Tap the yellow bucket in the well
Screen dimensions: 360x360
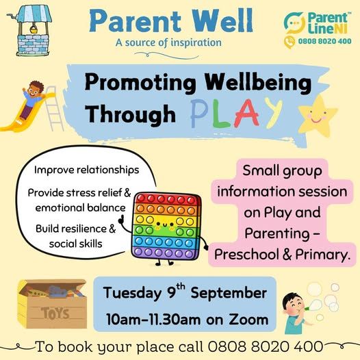coord(34,29)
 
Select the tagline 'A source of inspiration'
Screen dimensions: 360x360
coord(168,42)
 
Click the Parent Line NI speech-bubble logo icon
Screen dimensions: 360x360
coord(294,23)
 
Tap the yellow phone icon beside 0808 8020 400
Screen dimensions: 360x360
coord(290,42)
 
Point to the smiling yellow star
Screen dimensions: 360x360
coord(318,116)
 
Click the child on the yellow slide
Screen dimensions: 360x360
coord(33,99)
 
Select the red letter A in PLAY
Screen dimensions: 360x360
coord(246,113)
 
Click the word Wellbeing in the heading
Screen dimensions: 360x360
coord(258,83)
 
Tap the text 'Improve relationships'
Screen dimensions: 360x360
coord(86,170)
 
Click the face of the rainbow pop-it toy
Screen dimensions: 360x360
coord(165,224)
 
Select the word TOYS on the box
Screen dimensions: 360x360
coord(55,313)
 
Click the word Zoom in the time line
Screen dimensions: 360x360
coord(248,320)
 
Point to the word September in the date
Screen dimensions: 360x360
coord(229,294)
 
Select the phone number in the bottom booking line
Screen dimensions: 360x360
coord(266,346)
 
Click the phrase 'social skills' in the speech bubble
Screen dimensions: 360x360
coord(75,244)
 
